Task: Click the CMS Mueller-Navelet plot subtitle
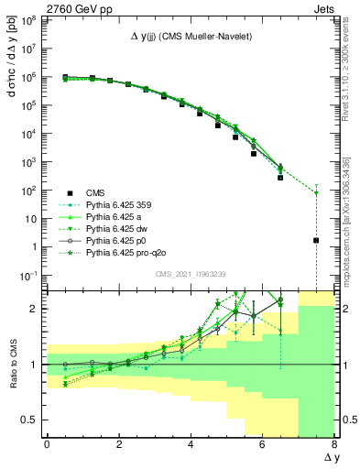click(191, 36)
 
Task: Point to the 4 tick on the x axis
click(191, 444)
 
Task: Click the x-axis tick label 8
click(334, 444)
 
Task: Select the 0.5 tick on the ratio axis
click(29, 420)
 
